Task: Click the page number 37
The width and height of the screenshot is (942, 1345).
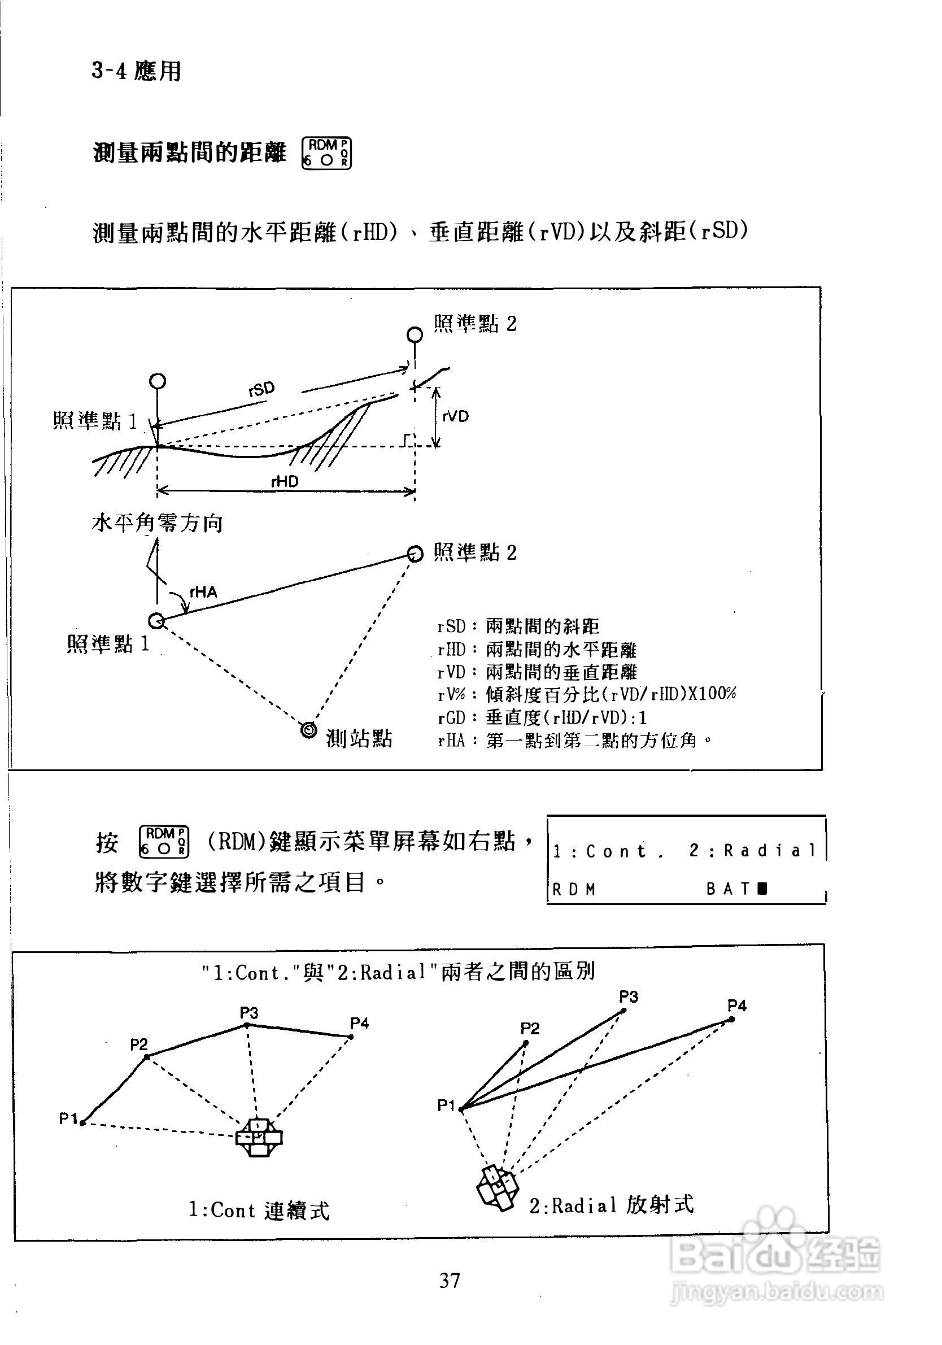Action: point(450,1280)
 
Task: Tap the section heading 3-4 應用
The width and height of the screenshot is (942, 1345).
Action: point(137,72)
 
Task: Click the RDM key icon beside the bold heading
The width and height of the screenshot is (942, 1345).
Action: point(326,154)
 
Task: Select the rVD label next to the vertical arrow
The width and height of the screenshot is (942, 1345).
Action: point(455,416)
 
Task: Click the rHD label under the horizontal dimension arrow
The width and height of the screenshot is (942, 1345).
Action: point(285,481)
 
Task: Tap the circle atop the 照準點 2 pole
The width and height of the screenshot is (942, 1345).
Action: point(415,334)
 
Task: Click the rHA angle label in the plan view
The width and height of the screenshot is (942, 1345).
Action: point(203,591)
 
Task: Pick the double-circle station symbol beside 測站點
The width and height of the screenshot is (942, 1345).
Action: point(308,730)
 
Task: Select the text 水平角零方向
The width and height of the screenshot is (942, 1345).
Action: point(157,523)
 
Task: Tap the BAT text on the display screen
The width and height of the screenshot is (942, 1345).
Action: point(728,889)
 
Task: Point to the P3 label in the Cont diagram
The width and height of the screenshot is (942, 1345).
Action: point(249,1013)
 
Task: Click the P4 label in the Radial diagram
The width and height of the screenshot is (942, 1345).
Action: point(736,1006)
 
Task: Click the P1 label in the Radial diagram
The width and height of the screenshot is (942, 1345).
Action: point(446,1105)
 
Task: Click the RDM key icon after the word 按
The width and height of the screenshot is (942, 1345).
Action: point(164,842)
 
